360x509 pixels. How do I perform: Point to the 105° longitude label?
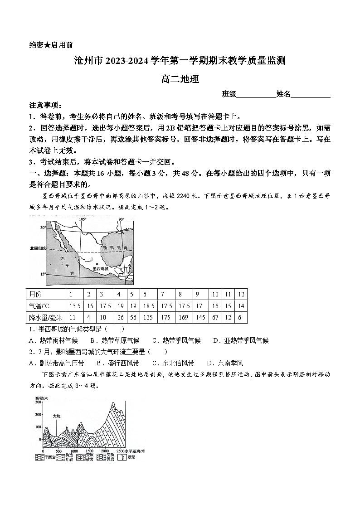[x=83, y=219]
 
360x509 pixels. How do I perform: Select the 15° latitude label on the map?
[x=43, y=274]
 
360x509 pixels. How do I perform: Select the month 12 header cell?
[x=241, y=294]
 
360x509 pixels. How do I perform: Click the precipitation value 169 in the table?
[x=184, y=318]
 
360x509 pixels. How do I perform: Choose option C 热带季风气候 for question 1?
[x=176, y=340]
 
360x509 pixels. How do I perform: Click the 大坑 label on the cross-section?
[x=57, y=416]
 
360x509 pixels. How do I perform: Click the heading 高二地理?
[x=180, y=79]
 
